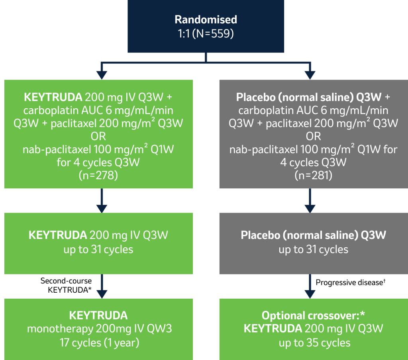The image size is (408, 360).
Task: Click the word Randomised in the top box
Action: [206, 20]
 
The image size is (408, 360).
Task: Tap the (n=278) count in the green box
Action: [98, 175]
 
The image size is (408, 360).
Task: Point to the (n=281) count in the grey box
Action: [313, 175]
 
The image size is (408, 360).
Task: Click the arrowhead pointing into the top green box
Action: [102, 74]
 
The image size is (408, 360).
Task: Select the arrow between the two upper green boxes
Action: [102, 201]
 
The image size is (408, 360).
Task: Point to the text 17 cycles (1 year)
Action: [98, 342]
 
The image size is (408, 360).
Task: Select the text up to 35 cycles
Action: [314, 342]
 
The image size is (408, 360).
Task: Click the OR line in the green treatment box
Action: [98, 136]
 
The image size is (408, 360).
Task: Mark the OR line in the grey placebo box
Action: [313, 136]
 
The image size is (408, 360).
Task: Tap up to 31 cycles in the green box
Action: [98, 250]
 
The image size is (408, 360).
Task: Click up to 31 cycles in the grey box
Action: [313, 250]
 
